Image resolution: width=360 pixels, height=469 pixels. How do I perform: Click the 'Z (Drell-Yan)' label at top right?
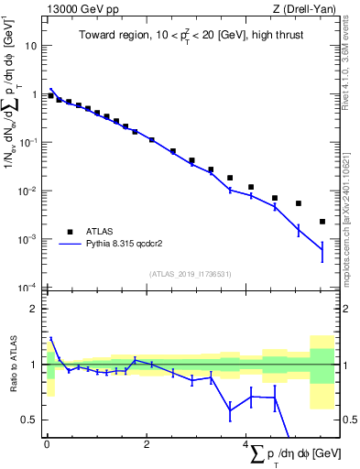pos(307,9)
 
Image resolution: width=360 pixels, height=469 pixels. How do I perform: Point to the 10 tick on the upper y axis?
pos(32,46)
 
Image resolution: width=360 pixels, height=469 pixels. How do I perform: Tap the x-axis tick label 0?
pos(47,443)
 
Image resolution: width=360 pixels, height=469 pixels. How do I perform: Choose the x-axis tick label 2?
pos(147,443)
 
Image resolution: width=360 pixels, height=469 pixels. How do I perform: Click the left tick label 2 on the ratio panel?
pos(34,309)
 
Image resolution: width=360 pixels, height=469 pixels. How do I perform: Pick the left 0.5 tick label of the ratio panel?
pos(30,420)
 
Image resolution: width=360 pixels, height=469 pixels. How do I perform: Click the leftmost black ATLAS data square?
pos(51,95)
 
